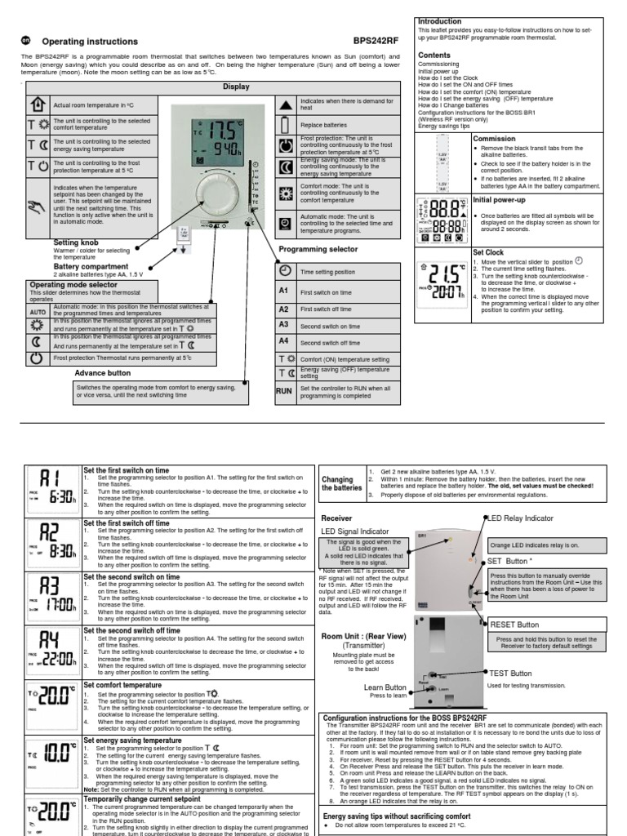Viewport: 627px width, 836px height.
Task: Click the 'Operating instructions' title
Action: [90, 42]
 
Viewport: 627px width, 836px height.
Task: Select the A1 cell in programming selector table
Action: [284, 291]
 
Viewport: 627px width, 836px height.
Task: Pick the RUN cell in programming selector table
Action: [284, 391]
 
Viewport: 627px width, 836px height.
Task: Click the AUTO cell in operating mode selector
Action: [38, 312]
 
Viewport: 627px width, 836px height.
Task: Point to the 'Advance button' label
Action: [102, 371]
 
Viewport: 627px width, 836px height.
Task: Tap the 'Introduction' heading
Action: [440, 21]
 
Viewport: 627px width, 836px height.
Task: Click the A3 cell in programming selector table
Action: [284, 325]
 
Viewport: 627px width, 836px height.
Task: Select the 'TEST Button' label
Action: [509, 673]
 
